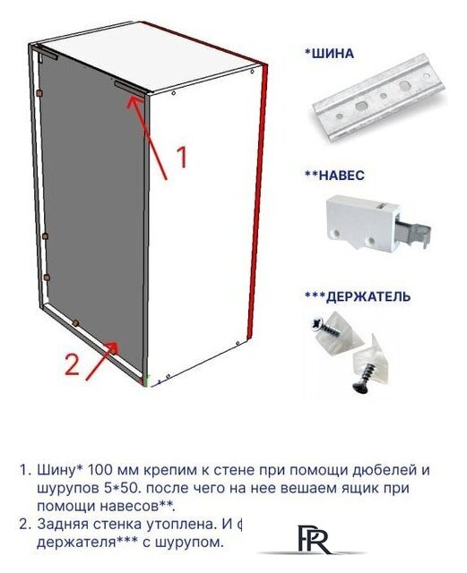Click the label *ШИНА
click(x=330, y=54)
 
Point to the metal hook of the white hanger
click(x=411, y=235)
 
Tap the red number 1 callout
click(x=181, y=158)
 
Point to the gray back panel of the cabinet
click(x=90, y=206)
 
